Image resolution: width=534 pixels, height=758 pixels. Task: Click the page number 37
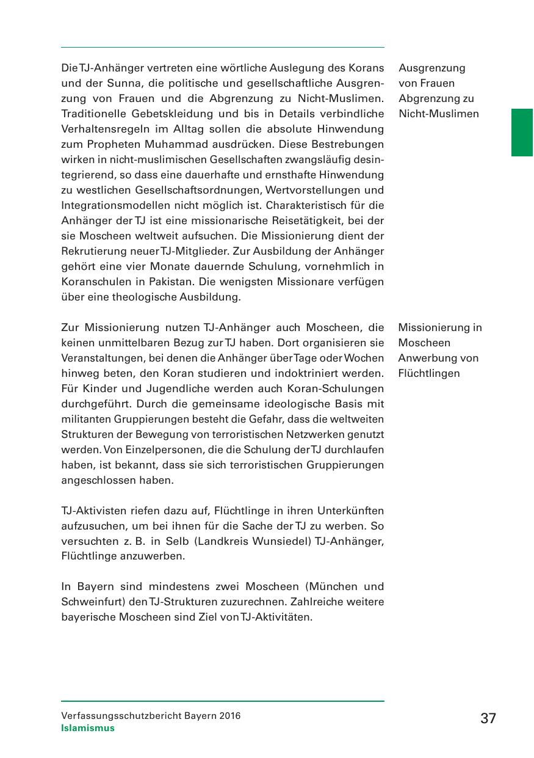click(488, 718)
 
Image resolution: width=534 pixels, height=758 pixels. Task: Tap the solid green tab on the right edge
click(522, 133)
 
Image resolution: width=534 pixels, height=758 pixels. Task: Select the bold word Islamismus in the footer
click(88, 728)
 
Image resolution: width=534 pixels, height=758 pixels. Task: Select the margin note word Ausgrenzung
click(432, 68)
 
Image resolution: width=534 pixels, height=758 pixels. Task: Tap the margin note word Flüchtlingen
click(429, 373)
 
